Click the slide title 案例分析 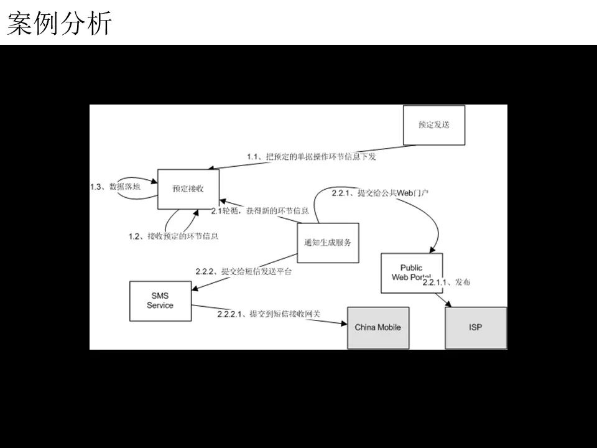coord(60,24)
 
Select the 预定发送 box coord(433,125)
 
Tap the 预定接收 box coord(188,189)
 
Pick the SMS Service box coord(160,301)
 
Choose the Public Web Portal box coord(411,273)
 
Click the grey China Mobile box coord(378,327)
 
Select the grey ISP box coord(476,327)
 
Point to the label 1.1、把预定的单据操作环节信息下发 coord(312,157)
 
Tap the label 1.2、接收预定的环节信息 coord(174,236)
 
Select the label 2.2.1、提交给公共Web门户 coord(381,193)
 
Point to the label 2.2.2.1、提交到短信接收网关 coord(269,314)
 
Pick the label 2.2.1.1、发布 coord(447,282)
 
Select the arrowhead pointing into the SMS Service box coord(197,287)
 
